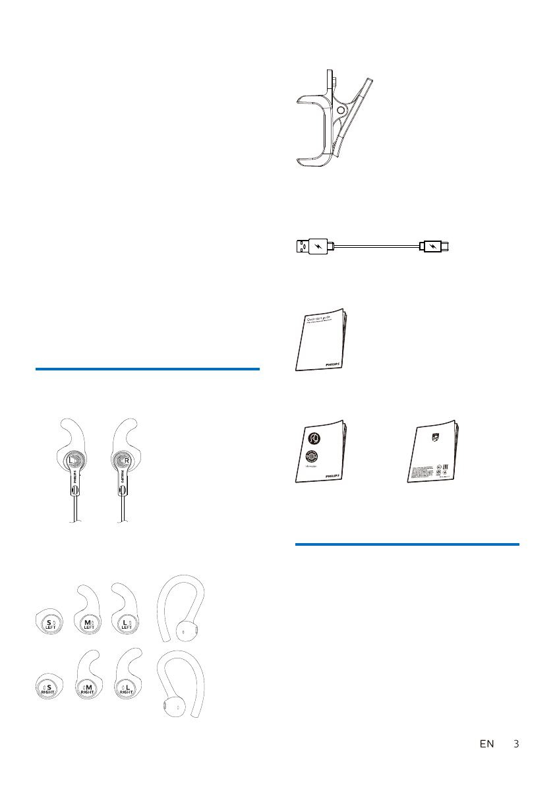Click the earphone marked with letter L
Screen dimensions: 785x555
pos(74,461)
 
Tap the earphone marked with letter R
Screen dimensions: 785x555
pos(122,461)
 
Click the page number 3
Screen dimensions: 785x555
pos(516,744)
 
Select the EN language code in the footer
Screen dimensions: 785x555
pos(486,744)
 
